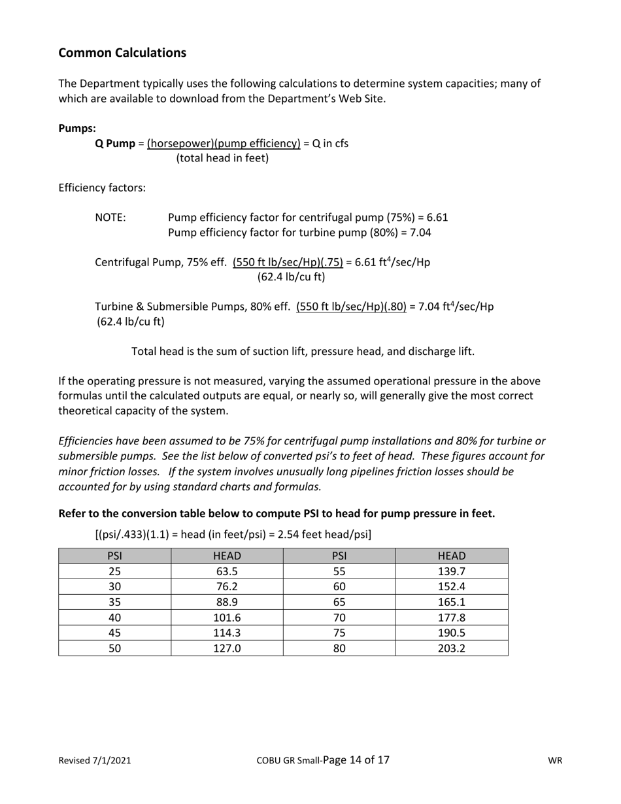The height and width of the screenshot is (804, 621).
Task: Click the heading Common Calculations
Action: click(x=122, y=53)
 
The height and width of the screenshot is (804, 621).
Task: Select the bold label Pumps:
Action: click(x=77, y=128)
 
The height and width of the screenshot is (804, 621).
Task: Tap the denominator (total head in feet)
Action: click(x=222, y=158)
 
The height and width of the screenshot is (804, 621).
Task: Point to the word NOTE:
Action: click(x=110, y=217)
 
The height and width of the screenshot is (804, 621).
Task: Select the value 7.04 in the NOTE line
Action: click(x=420, y=232)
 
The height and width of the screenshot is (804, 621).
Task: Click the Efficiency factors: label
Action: click(x=102, y=188)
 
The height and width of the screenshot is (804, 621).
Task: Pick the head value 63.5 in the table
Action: click(x=227, y=571)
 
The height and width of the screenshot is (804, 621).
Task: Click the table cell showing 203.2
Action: click(x=452, y=648)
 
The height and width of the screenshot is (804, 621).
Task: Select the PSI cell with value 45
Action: click(x=115, y=633)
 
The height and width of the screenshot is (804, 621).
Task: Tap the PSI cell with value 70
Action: click(x=339, y=617)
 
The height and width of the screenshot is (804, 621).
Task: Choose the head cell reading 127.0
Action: click(x=227, y=648)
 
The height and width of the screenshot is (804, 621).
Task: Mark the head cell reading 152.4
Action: click(x=452, y=586)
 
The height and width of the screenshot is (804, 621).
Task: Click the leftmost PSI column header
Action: click(x=115, y=556)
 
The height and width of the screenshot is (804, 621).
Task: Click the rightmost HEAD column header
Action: click(x=452, y=556)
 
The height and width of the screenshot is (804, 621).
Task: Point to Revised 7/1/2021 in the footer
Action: click(x=95, y=760)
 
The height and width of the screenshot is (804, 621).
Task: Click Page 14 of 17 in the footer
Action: click(x=356, y=760)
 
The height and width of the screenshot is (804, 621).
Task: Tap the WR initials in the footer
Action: click(x=555, y=760)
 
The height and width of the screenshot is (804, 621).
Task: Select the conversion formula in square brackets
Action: click(x=233, y=534)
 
